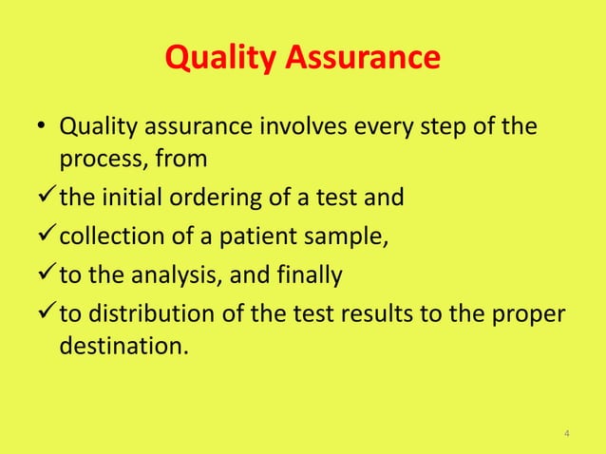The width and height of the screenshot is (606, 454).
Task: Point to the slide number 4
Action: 567,435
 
